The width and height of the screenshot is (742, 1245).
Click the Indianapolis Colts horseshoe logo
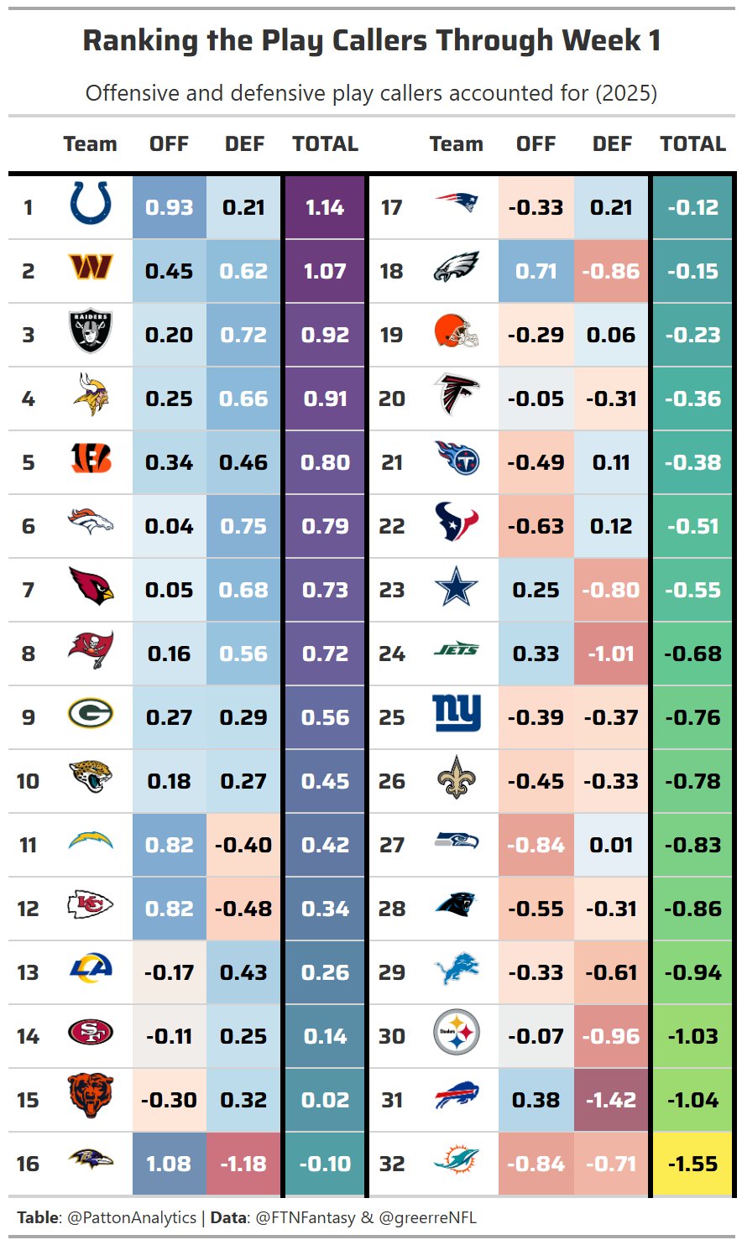click(x=91, y=205)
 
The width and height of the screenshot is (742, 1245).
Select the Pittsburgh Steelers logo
click(x=457, y=1033)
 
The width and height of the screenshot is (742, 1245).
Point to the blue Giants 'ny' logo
click(x=457, y=714)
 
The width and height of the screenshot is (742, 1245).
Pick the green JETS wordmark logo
click(x=457, y=649)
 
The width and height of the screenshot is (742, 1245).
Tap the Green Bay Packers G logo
click(x=91, y=714)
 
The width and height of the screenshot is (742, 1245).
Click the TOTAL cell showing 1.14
click(x=325, y=207)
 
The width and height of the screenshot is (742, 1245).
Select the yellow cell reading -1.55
click(x=692, y=1164)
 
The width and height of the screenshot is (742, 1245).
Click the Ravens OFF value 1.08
click(x=169, y=1164)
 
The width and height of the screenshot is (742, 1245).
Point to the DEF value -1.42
click(x=611, y=1100)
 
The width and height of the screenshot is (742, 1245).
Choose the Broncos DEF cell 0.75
click(x=243, y=526)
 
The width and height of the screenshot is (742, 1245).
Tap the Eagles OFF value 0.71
click(x=536, y=271)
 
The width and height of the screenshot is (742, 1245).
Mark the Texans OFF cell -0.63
click(x=536, y=526)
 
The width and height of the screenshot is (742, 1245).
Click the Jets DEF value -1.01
click(x=611, y=654)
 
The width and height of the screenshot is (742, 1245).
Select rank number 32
click(x=392, y=1164)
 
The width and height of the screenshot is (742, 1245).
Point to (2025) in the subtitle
click(x=626, y=92)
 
